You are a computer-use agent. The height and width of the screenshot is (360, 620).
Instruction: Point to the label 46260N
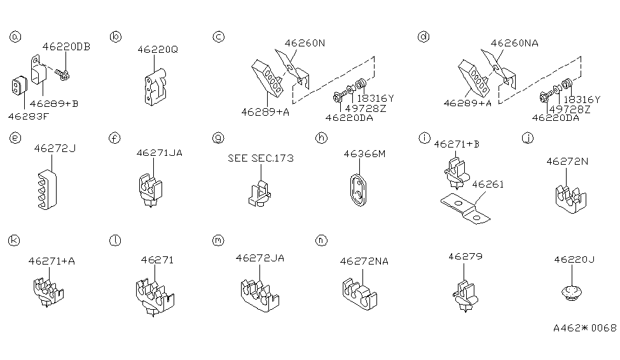(x=305, y=44)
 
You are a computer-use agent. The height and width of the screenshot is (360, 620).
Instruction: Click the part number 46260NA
(x=514, y=44)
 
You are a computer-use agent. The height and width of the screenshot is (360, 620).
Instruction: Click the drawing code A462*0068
(x=584, y=328)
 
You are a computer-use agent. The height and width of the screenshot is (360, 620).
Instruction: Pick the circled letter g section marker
(x=218, y=137)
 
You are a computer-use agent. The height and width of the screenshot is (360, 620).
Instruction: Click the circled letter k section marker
(x=14, y=240)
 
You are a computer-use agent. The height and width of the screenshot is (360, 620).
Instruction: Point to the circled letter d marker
(x=423, y=37)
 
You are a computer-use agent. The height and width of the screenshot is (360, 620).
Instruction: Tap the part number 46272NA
(x=364, y=261)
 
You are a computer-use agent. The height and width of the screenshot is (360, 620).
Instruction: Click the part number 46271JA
(x=155, y=153)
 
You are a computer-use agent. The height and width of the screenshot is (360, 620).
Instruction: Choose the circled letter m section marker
(x=218, y=240)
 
